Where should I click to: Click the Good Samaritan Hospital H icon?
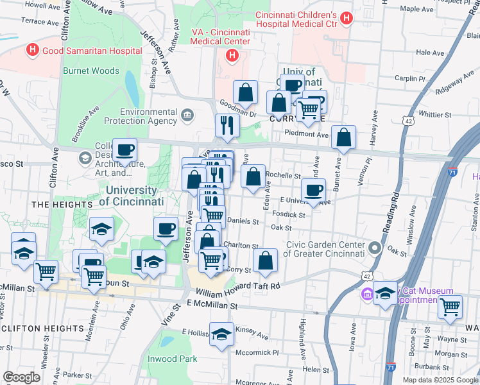click(31, 50)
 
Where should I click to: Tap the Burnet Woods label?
click(90, 71)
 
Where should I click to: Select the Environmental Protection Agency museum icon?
click(187, 116)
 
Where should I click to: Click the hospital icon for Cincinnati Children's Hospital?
click(347, 19)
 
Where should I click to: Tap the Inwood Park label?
click(172, 359)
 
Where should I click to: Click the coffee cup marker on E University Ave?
click(313, 190)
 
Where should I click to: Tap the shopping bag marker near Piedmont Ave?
click(344, 137)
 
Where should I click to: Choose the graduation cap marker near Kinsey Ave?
click(221, 334)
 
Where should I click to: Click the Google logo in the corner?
click(22, 377)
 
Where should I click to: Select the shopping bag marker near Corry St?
click(265, 261)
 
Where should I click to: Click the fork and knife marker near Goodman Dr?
click(227, 125)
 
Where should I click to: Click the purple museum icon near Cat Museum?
click(367, 295)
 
